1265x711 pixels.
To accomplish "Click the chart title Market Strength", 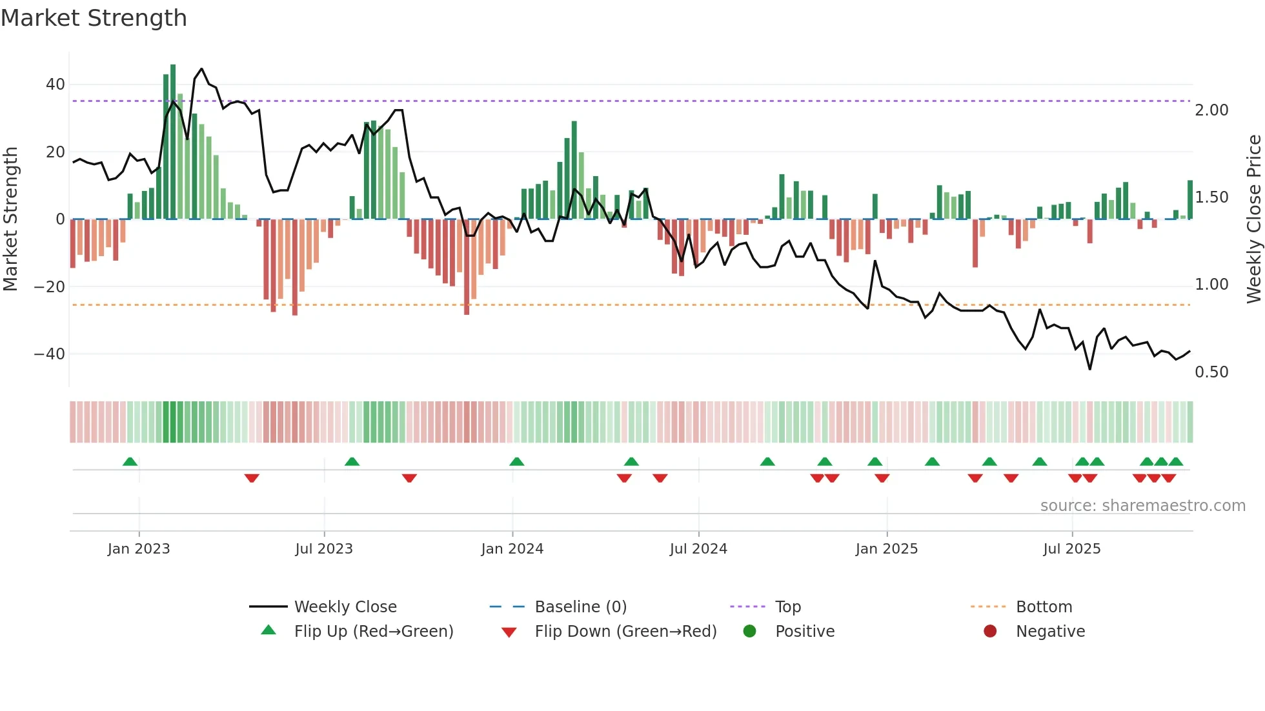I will point(94,18).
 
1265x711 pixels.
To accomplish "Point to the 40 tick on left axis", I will point(55,85).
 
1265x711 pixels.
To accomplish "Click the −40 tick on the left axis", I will point(50,354).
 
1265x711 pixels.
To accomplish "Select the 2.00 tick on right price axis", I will point(1211,110).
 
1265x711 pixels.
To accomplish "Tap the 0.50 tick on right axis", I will point(1211,372).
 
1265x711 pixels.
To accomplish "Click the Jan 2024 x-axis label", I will point(512,549).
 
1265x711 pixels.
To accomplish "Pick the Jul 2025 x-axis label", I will point(1071,549).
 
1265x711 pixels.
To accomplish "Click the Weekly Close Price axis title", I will point(1253,219).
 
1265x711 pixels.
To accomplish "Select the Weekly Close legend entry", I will point(345,607).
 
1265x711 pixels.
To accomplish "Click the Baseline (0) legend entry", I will point(580,607).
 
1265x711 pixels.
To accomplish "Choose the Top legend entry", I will point(787,607).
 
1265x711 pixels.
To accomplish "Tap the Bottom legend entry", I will point(1044,607).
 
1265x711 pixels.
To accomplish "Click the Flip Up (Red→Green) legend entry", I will point(373,632).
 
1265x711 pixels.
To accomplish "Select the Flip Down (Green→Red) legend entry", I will point(625,632).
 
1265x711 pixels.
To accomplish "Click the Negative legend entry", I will point(1050,632).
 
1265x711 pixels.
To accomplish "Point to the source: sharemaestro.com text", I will point(1142,506).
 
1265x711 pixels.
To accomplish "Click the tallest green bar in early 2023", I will point(173,142).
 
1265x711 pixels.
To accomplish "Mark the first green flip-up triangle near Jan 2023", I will point(130,462).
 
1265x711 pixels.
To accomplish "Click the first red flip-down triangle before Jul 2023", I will point(252,478).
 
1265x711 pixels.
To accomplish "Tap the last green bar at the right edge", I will point(1189,200).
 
